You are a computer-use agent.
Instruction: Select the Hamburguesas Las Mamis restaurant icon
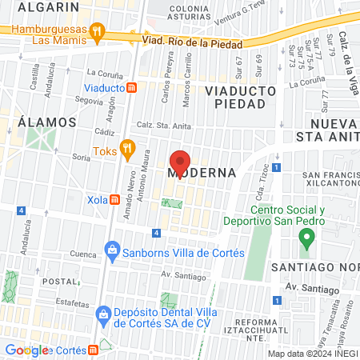pyautogui.click(x=97, y=33)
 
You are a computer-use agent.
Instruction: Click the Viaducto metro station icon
pyautogui.click(x=133, y=87)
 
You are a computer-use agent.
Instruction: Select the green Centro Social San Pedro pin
pyautogui.click(x=304, y=238)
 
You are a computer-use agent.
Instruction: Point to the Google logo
pyautogui.click(x=28, y=350)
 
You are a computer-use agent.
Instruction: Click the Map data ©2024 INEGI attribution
pyautogui.click(x=312, y=354)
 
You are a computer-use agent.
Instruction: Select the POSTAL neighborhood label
pyautogui.click(x=58, y=282)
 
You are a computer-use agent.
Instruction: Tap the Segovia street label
pyautogui.click(x=87, y=101)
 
